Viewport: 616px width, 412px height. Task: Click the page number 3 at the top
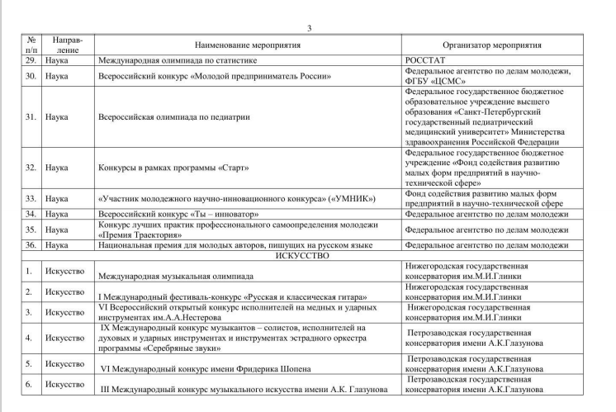pos(309,29)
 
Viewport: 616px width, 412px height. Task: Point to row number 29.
pos(30,61)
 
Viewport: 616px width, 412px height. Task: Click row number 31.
pos(30,117)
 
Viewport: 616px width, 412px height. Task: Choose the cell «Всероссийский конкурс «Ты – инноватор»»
pos(178,214)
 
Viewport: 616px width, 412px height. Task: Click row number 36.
pos(30,245)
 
